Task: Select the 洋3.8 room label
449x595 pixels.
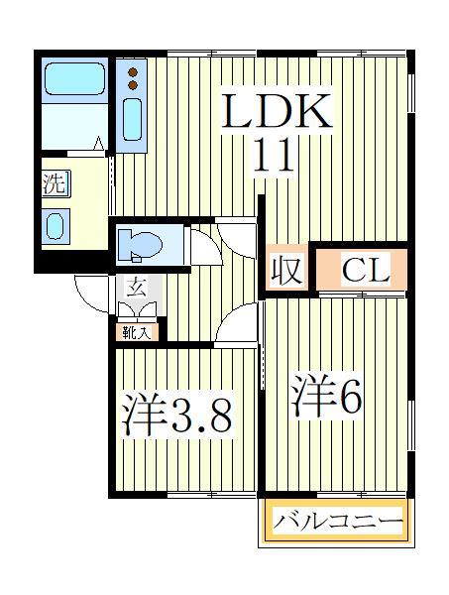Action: [x=177, y=416]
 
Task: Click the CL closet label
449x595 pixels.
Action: [x=360, y=269]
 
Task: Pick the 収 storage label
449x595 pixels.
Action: [x=286, y=270]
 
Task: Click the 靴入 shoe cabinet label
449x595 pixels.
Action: [x=136, y=332]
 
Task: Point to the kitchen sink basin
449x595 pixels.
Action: [x=132, y=118]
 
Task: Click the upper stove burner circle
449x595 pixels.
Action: [x=132, y=71]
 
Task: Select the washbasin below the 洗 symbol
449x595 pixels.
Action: [x=55, y=224]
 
